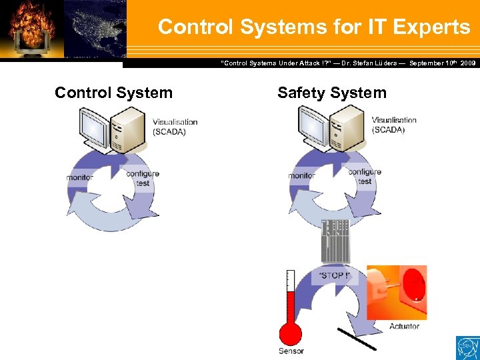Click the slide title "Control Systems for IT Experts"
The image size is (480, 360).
pos(313,27)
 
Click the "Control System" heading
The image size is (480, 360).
pos(113,93)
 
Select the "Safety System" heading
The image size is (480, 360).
pos(331,93)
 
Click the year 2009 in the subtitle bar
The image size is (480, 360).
pos(468,63)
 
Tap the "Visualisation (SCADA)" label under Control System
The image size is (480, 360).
pos(175,127)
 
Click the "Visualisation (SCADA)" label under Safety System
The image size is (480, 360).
pos(394,125)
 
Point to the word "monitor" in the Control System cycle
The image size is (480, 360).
pos(79,178)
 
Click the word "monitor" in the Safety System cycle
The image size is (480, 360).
pos(301,176)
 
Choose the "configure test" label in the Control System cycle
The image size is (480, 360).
pos(142,178)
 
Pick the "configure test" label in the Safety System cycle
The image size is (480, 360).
pos(364,176)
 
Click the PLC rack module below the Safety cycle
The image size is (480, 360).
pos(335,240)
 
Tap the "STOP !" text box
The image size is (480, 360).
pos(333,275)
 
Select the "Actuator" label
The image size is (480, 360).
pos(404,326)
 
